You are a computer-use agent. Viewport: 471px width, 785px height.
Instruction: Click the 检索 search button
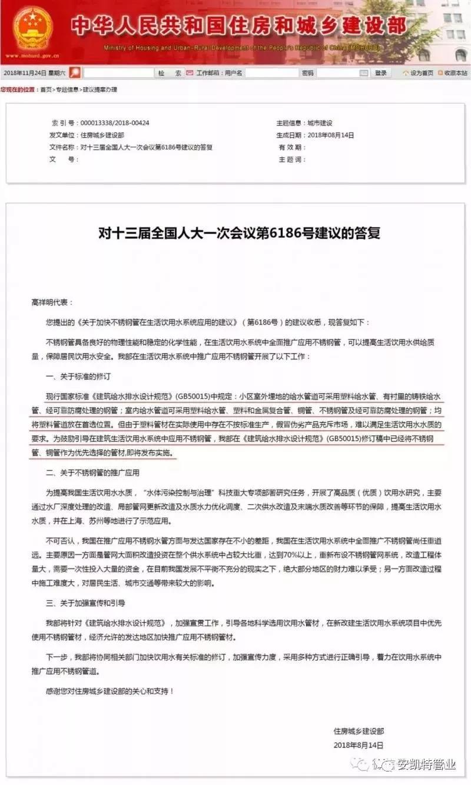[170, 73]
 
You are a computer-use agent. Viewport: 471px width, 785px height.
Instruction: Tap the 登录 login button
[381, 73]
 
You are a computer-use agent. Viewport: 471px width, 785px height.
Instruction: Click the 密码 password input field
[341, 73]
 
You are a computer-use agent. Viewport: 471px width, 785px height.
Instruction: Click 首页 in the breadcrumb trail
[45, 89]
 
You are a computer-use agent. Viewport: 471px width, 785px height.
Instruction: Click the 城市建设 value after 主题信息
[320, 123]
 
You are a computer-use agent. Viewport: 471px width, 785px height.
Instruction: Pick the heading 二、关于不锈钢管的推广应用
[92, 473]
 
